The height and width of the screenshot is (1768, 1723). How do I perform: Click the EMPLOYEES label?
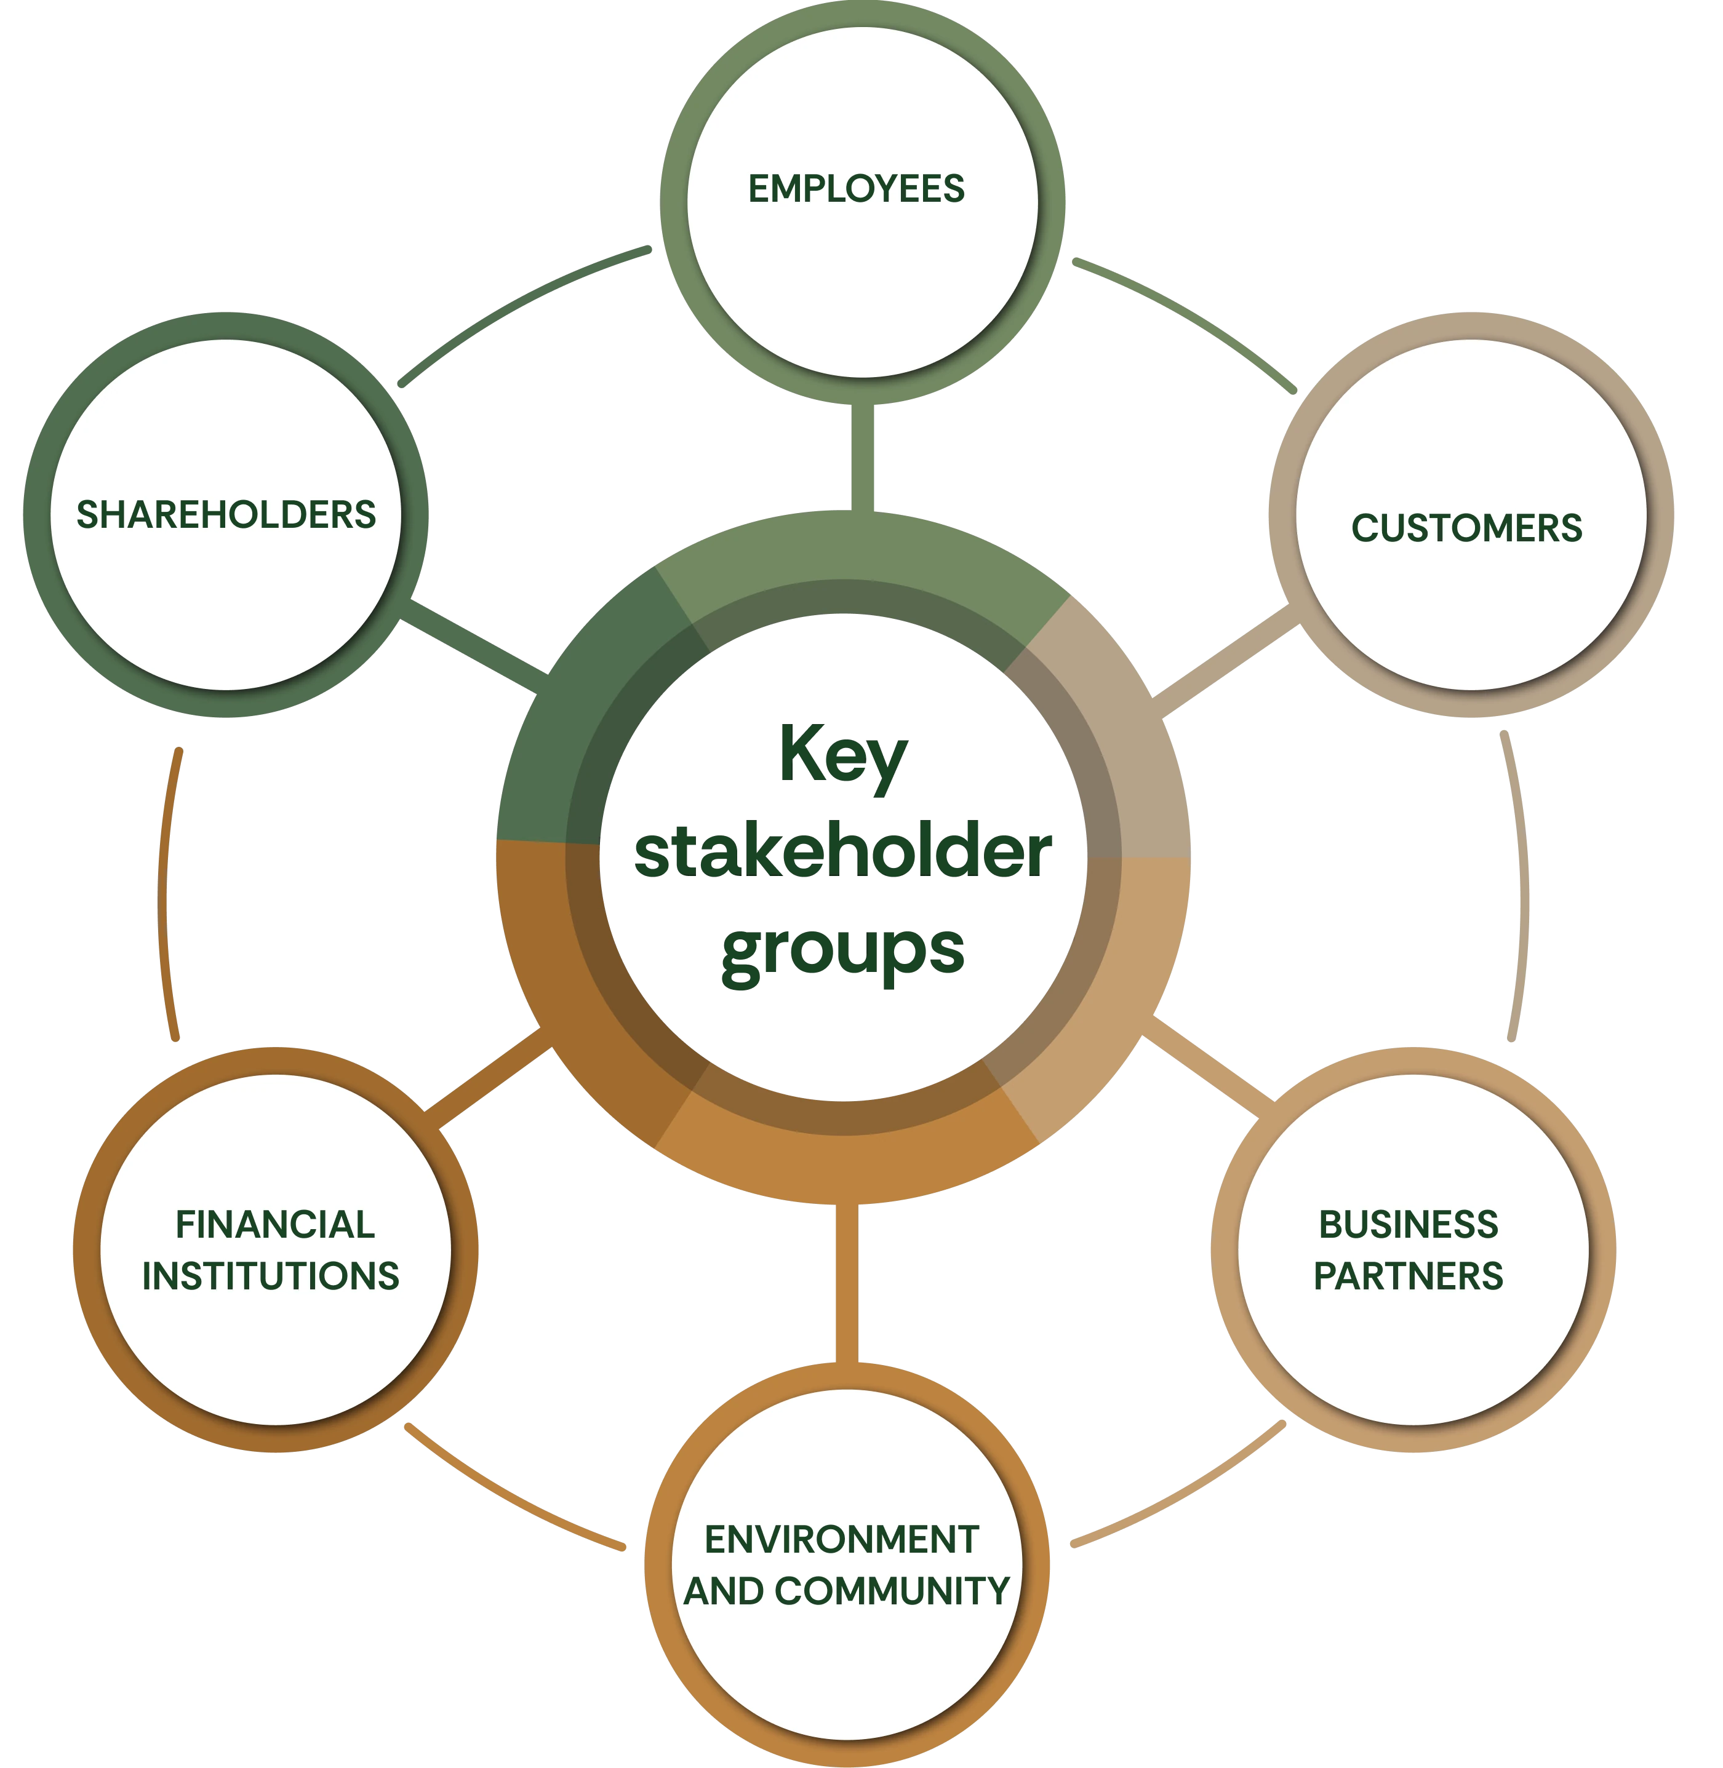pos(856,188)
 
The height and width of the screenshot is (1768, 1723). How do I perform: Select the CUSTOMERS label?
pos(1467,527)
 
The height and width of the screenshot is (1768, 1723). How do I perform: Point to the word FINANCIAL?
pos(275,1224)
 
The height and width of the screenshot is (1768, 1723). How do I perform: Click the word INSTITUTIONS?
pos(271,1276)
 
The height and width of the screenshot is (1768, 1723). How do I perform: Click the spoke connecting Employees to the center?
pos(862,458)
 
